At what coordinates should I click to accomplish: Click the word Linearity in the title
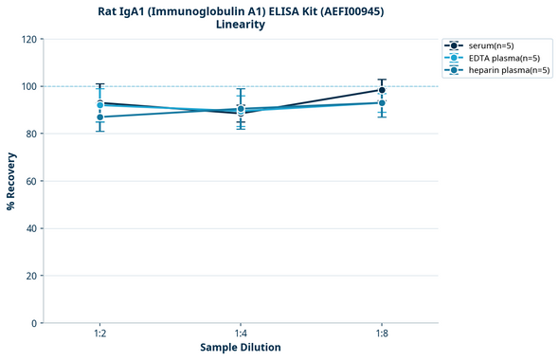pos(241,25)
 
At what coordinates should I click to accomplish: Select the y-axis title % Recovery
pos(11,180)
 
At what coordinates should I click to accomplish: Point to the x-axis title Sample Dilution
pos(241,348)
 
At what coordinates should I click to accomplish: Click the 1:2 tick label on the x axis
pos(99,332)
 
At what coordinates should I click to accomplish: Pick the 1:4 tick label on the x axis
pos(241,332)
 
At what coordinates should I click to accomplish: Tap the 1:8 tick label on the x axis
pos(382,332)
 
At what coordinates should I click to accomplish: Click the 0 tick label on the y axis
pos(34,323)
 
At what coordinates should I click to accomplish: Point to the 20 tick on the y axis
pos(31,276)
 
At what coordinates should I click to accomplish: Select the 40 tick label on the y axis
pos(31,228)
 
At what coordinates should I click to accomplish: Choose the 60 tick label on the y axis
pos(31,181)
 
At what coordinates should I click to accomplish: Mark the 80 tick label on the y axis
pos(31,134)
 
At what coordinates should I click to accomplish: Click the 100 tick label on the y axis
pos(28,86)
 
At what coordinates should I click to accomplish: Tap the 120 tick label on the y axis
pos(28,39)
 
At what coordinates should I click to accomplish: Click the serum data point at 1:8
pos(382,90)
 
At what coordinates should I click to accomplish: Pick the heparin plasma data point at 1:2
pos(99,117)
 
